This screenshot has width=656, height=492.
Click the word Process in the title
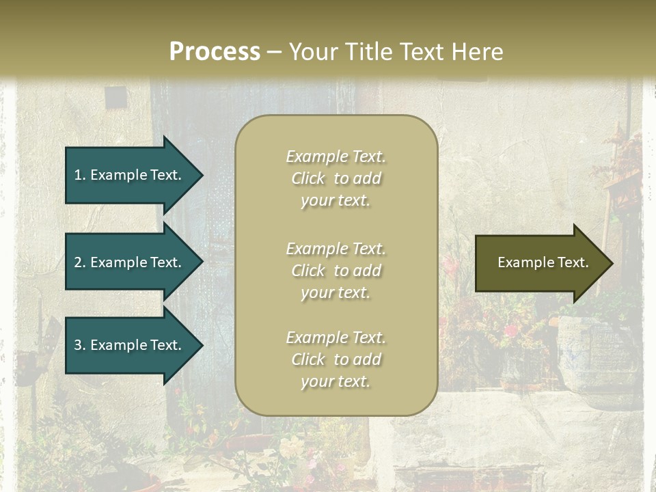[x=215, y=52]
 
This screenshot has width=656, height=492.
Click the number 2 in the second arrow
[x=78, y=262]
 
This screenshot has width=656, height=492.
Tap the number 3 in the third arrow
[x=78, y=345]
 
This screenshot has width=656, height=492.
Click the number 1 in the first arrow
[x=78, y=175]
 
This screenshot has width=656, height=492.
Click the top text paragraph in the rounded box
[x=336, y=178]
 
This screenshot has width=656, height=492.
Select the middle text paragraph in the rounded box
[x=336, y=271]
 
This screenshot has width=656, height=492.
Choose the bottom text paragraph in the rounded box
[x=336, y=359]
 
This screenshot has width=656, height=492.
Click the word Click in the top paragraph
[x=307, y=178]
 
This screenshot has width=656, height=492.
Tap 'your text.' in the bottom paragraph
[x=336, y=381]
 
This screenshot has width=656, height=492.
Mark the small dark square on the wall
[x=116, y=98]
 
